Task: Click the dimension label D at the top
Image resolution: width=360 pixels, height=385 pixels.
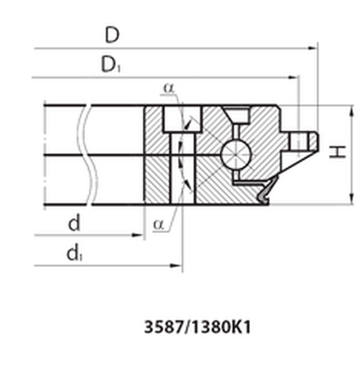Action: click(x=112, y=35)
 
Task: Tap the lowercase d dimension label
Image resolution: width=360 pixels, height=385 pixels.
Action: click(x=75, y=223)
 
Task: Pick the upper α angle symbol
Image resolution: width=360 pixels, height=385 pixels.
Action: click(x=168, y=88)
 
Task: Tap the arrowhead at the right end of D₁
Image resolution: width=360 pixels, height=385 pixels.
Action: click(x=294, y=78)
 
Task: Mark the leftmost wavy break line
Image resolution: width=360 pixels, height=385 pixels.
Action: click(x=85, y=154)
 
